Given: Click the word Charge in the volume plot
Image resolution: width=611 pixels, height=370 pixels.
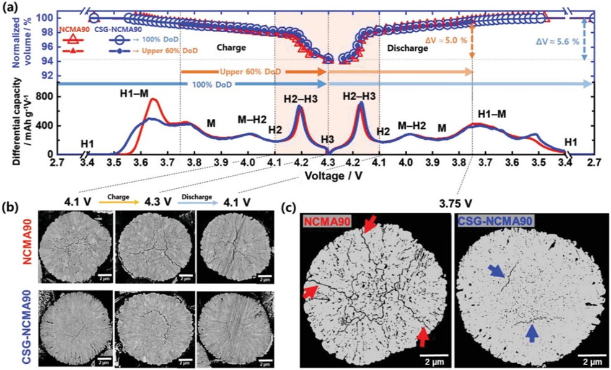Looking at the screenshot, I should click(231, 47).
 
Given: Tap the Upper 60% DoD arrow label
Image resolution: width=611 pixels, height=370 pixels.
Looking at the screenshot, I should click(248, 71).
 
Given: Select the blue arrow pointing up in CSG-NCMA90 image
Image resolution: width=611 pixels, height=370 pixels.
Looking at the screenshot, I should click(531, 332).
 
